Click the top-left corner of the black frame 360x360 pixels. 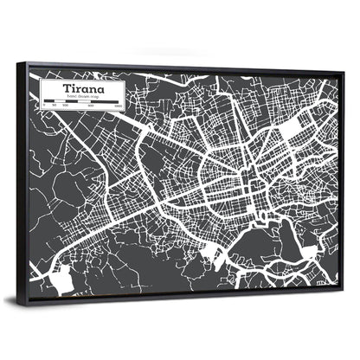(x=29, y=63)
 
